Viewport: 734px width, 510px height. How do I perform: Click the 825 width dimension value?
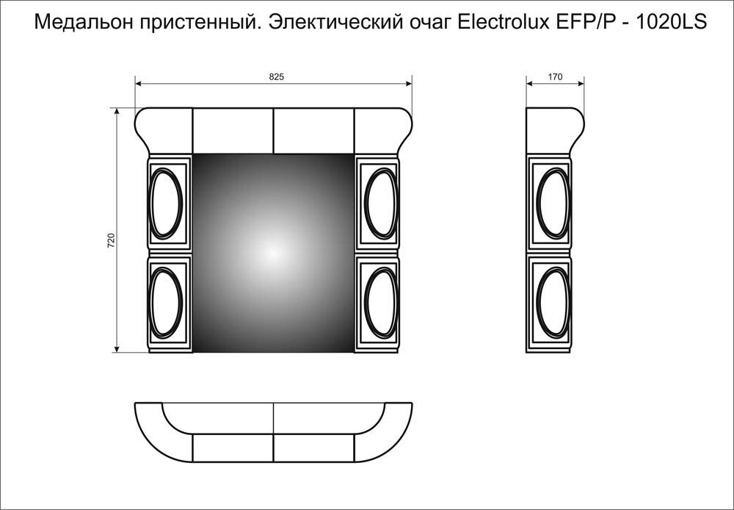click(276, 76)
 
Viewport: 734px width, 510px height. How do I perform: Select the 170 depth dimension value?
click(555, 76)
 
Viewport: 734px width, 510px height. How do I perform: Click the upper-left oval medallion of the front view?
click(169, 203)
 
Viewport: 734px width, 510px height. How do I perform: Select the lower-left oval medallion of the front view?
click(169, 301)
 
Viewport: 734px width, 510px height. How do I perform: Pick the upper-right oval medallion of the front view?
click(378, 203)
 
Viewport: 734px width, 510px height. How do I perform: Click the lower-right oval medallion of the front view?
click(378, 301)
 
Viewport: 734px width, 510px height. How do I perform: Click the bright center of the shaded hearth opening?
click(273, 252)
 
